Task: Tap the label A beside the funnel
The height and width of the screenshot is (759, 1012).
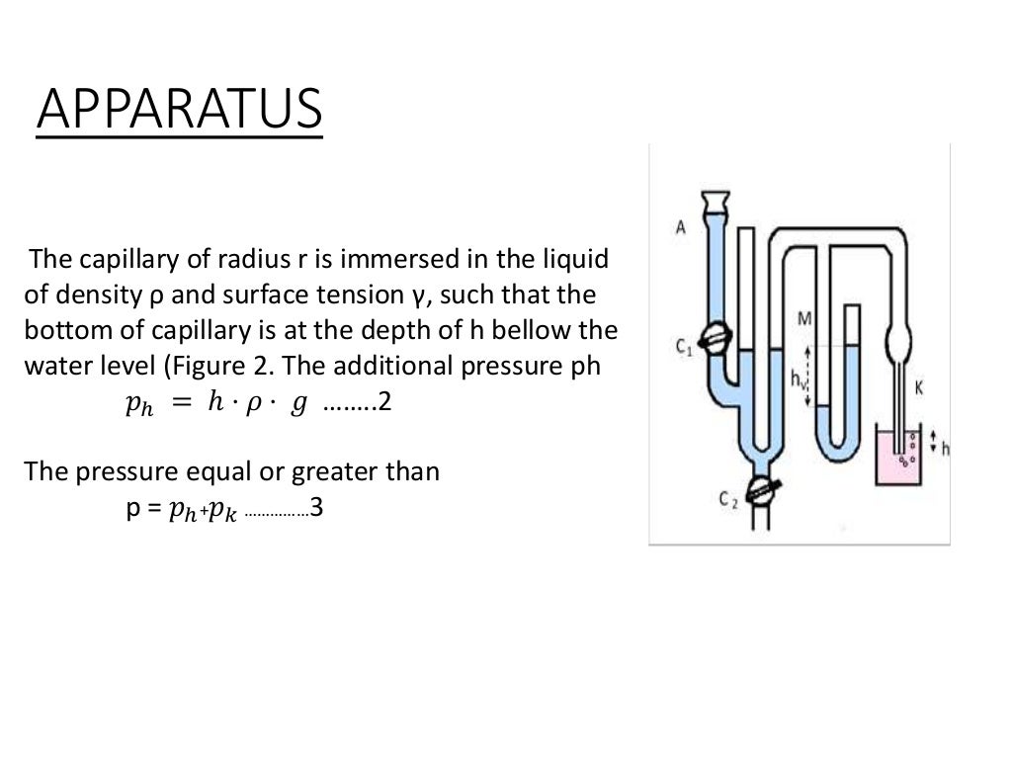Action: (681, 226)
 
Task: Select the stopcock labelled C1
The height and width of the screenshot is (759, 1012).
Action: (715, 338)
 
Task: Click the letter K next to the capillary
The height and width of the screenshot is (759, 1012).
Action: (918, 388)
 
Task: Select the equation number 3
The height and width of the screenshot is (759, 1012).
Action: (316, 510)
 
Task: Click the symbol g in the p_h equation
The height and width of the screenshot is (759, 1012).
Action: (297, 407)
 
